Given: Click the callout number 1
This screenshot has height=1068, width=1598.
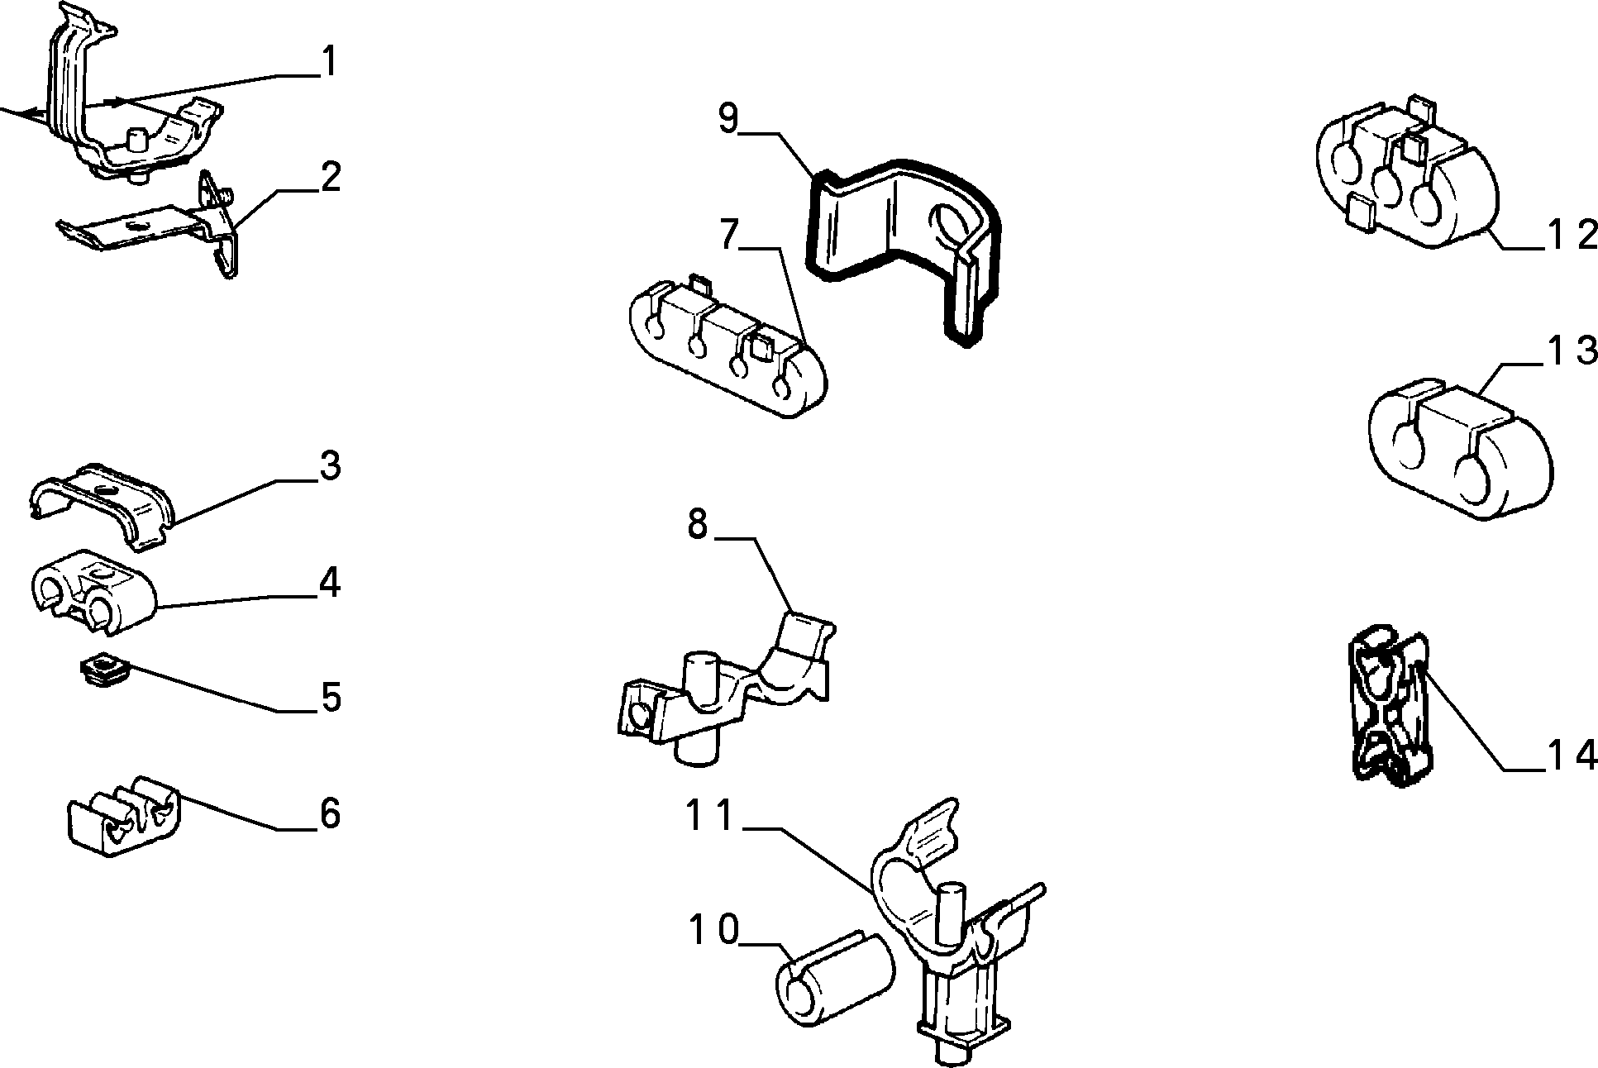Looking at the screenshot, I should [329, 62].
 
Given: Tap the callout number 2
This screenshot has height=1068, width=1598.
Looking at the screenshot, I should [330, 177].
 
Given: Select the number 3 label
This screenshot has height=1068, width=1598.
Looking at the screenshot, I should [329, 466].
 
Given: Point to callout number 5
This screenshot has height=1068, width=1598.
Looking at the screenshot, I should [330, 698].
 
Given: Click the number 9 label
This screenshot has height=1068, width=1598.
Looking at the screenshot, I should [727, 118].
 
